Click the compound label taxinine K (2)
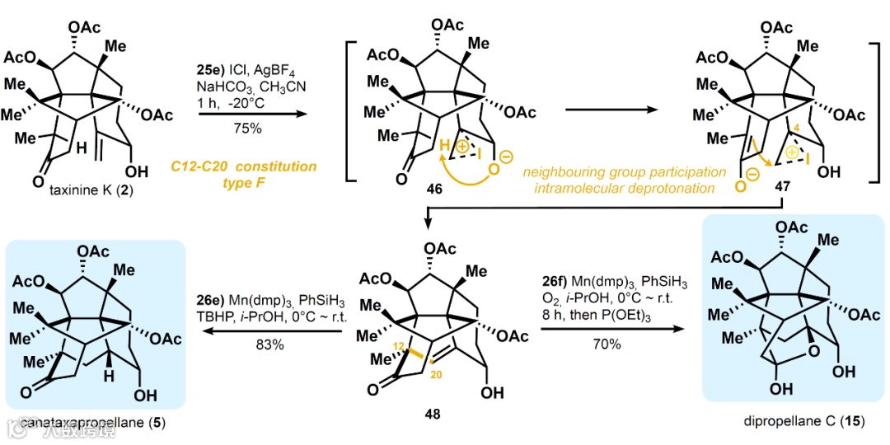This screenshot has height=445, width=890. coord(85,193)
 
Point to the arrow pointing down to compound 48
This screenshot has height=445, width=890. coord(428,216)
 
